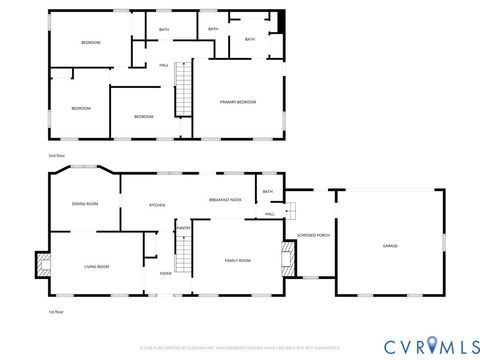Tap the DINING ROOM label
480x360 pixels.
point(85,204)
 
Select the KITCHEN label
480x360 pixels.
point(157,205)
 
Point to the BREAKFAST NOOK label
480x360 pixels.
point(225,200)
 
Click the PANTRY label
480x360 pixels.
point(184,228)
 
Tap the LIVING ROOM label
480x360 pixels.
point(96,266)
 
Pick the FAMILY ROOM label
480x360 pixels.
point(237,260)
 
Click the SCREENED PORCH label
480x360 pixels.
point(313,236)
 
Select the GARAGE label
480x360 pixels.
point(390,245)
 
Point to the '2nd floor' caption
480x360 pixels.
point(56,156)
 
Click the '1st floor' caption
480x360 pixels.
point(56,312)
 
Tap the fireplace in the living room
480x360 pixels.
point(43,264)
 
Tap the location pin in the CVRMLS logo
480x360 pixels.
point(432,345)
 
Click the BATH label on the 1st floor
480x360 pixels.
point(267,192)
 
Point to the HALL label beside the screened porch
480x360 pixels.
point(270,214)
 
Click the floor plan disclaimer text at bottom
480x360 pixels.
point(240,347)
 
